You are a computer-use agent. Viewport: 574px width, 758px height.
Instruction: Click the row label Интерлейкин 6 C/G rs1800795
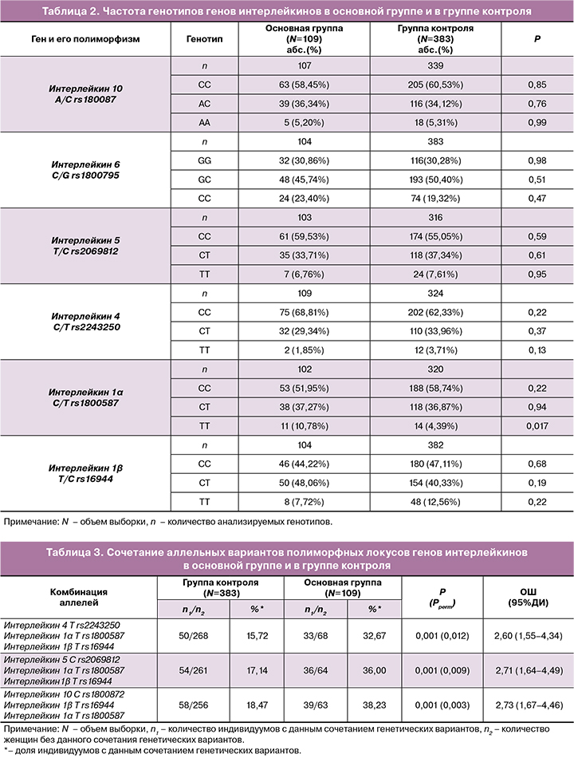85,169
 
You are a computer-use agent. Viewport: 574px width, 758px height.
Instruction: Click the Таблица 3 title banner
287,557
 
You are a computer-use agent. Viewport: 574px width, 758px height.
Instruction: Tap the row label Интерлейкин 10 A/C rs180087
85,94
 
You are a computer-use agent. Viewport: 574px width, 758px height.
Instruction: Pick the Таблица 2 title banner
287,11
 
